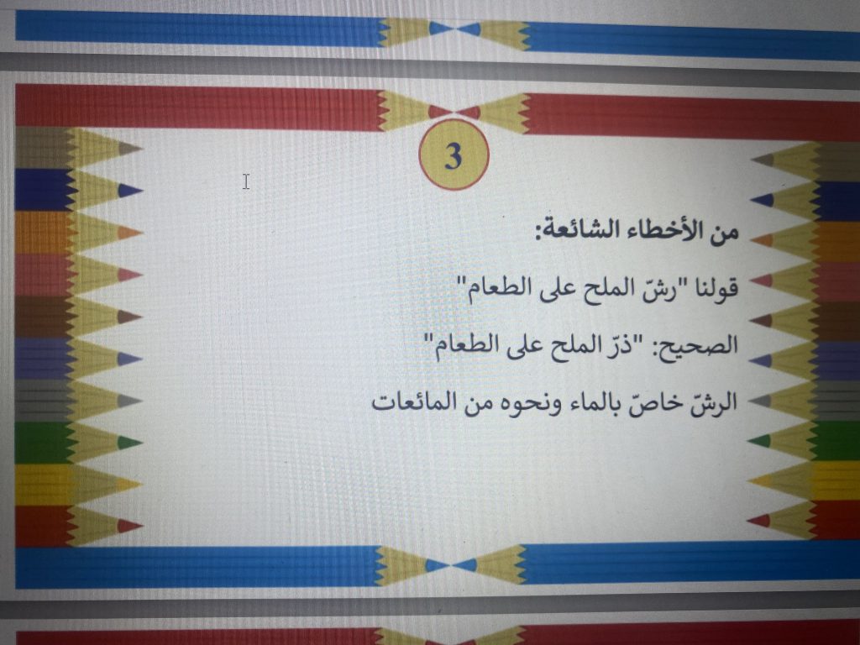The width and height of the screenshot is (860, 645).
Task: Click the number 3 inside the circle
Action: (x=454, y=156)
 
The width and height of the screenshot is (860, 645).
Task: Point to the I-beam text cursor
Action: (x=246, y=181)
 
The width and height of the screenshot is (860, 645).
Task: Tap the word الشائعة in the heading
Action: (x=579, y=230)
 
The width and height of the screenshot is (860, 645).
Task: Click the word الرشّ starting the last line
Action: (x=713, y=401)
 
